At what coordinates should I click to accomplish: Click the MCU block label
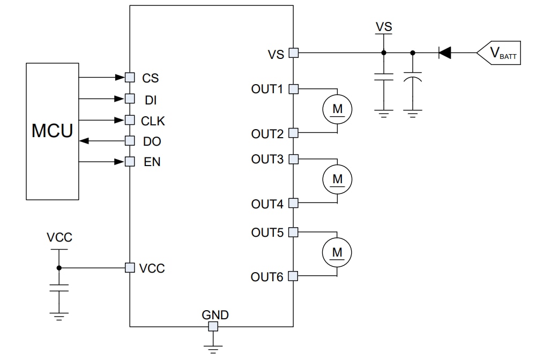click(52, 130)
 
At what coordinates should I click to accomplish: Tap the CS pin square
click(129, 77)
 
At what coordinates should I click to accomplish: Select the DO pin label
click(152, 142)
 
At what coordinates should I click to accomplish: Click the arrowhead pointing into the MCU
click(84, 141)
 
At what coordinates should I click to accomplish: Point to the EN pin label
click(152, 162)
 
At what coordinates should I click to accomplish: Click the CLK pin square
click(129, 119)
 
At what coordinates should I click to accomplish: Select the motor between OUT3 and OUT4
click(337, 178)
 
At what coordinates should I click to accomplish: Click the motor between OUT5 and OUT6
click(337, 251)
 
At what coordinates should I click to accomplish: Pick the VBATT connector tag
click(498, 53)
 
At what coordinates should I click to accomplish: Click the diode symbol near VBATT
click(444, 52)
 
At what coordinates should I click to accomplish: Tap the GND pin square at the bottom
click(213, 326)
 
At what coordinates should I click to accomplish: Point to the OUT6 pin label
click(266, 277)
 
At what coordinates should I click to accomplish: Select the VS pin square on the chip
click(293, 52)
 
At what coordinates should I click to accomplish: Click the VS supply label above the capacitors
click(384, 26)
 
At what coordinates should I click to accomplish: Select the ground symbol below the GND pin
click(213, 349)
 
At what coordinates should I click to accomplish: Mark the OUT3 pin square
click(293, 159)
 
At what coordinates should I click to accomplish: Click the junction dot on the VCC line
click(59, 267)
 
